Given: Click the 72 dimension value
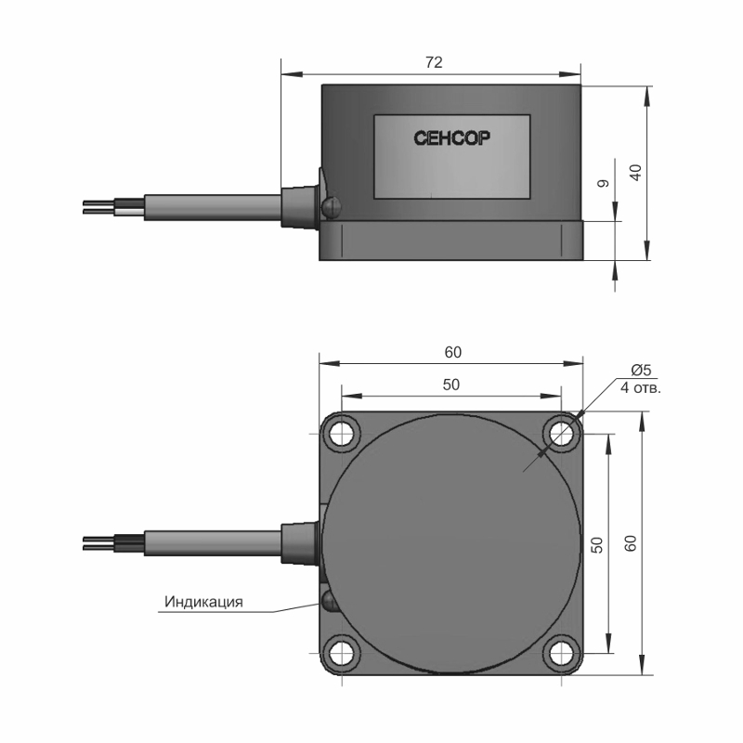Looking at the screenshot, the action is pyautogui.click(x=434, y=62).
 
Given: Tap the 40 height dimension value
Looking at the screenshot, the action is pyautogui.click(x=635, y=172).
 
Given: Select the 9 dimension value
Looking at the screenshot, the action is pyautogui.click(x=603, y=183).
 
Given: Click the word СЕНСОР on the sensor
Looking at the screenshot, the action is pyautogui.click(x=451, y=137).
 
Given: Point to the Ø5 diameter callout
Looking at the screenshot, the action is pyautogui.click(x=641, y=370).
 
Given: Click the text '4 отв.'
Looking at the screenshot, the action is pyautogui.click(x=641, y=388).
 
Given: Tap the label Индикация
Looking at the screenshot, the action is pyautogui.click(x=203, y=602).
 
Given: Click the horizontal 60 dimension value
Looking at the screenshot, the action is pyautogui.click(x=452, y=352).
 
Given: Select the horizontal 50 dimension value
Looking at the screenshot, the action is pyautogui.click(x=451, y=385).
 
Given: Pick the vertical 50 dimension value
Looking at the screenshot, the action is pyautogui.click(x=597, y=545).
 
